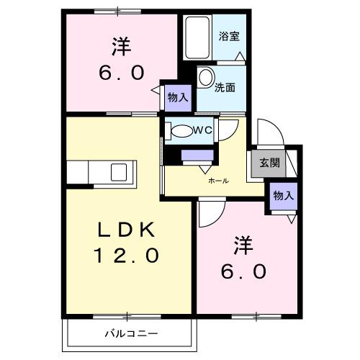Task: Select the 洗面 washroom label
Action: click(x=225, y=87)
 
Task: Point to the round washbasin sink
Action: click(x=206, y=78)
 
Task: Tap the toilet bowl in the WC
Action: click(x=179, y=131)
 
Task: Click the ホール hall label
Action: click(x=218, y=181)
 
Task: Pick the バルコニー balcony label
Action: click(x=131, y=333)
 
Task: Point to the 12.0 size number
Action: click(x=126, y=256)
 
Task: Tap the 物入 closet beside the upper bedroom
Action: click(x=177, y=98)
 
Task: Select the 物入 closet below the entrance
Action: click(x=283, y=197)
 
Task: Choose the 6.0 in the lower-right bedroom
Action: click(x=245, y=272)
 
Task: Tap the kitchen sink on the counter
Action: click(x=115, y=173)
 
